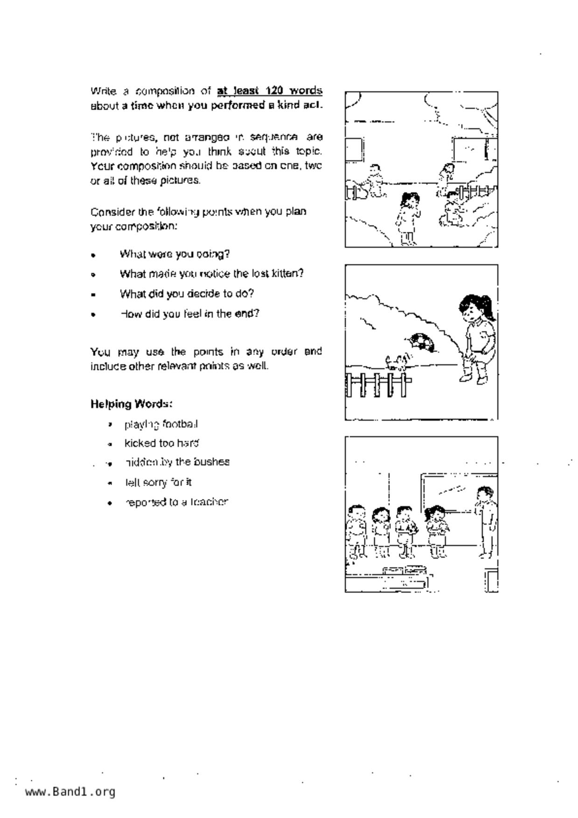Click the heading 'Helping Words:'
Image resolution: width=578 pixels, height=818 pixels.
tap(132, 403)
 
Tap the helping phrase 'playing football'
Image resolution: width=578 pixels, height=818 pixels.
tap(161, 424)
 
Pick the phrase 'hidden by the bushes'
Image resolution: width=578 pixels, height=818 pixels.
tap(177, 462)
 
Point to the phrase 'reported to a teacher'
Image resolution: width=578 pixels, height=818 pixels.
tap(176, 502)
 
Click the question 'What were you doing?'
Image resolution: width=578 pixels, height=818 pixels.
tap(174, 254)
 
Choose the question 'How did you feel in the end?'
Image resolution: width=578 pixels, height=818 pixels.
tap(189, 313)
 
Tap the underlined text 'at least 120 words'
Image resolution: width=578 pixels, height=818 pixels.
tap(270, 90)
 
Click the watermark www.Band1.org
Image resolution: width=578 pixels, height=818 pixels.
tap(70, 792)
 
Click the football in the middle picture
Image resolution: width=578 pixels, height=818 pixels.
tap(422, 342)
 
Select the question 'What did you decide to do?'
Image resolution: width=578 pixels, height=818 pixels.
tap(187, 294)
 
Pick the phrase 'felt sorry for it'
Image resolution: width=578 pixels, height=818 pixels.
tap(158, 482)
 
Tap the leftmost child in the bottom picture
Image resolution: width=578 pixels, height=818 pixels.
tap(356, 531)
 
